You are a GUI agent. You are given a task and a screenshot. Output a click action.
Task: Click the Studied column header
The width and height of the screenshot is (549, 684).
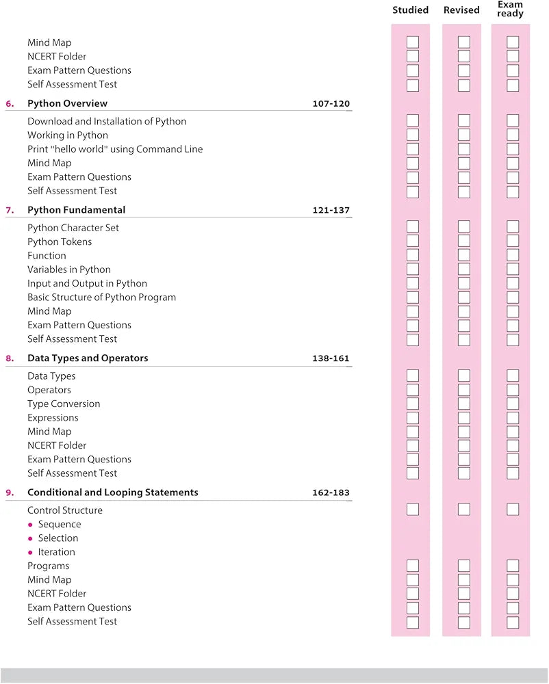(410, 10)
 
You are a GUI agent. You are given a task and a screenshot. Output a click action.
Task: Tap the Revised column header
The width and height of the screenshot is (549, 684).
(461, 10)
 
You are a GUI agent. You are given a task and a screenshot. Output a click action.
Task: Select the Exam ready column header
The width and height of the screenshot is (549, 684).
(510, 9)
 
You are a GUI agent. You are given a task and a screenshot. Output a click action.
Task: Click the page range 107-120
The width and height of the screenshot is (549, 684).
(331, 104)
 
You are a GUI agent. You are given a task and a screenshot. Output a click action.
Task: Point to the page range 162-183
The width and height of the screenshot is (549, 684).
(331, 492)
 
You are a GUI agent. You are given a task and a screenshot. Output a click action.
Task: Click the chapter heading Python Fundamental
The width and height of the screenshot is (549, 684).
(76, 210)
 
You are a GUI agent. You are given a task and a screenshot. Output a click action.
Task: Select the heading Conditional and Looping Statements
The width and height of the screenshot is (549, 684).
(112, 492)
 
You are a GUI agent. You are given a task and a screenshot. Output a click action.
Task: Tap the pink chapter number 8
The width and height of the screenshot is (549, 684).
(10, 358)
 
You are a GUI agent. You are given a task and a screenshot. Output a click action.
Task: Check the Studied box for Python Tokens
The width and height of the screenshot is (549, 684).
(413, 241)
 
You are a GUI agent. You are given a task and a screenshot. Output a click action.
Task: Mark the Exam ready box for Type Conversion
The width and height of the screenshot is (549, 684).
(513, 404)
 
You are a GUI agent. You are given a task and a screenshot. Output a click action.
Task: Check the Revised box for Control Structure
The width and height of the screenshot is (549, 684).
(464, 510)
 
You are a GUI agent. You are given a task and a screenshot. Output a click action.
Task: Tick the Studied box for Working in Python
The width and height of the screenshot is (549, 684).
(413, 135)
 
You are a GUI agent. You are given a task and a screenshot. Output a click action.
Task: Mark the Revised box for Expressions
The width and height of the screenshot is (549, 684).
(464, 417)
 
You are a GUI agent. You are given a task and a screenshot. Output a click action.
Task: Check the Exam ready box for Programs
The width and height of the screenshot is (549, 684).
(513, 566)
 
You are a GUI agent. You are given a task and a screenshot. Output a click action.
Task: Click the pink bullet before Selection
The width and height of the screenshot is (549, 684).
(30, 539)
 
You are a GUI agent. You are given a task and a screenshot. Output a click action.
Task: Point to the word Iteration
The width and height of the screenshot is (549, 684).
(56, 552)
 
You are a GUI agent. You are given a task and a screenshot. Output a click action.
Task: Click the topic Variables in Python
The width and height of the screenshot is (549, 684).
(68, 269)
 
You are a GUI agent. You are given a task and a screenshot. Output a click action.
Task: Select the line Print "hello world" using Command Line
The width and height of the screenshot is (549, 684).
(115, 149)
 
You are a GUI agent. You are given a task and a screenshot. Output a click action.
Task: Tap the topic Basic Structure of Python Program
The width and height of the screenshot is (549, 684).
(101, 298)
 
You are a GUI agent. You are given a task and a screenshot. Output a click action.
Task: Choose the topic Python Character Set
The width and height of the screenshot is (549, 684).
(73, 228)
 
